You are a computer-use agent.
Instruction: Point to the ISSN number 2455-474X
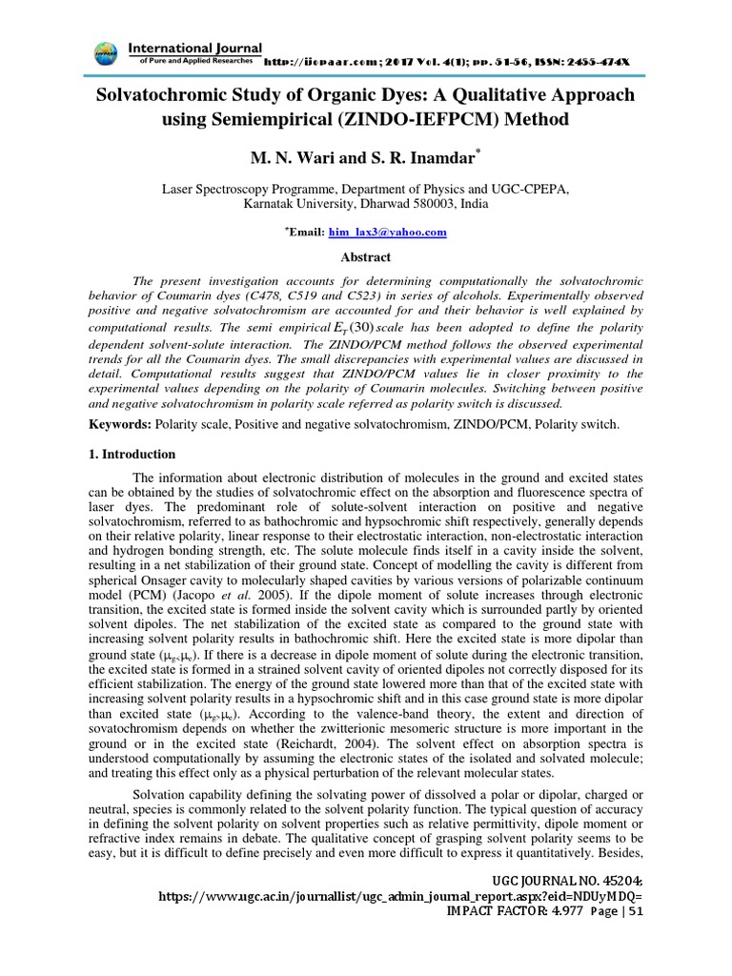[x=598, y=61]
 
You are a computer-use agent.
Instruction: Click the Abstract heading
[x=365, y=256]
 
